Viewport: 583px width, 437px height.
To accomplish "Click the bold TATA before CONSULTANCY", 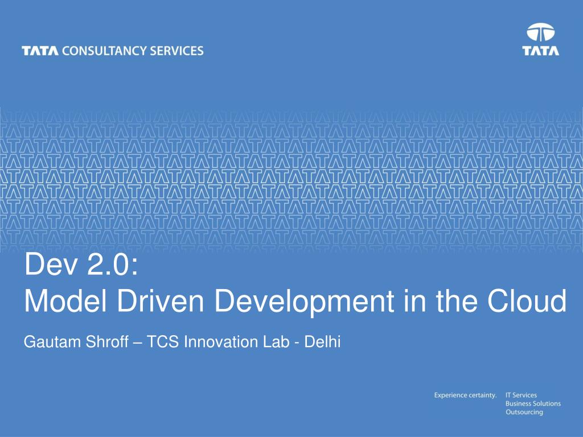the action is [x=40, y=51].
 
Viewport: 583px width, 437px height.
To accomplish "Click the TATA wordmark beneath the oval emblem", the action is [x=541, y=51].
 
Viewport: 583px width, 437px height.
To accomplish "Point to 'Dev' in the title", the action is [x=52, y=264].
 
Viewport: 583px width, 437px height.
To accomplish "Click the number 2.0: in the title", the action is [x=113, y=264].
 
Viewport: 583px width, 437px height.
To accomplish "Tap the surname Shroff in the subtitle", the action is [x=108, y=342].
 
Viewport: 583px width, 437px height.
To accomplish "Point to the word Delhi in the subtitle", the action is [x=322, y=342].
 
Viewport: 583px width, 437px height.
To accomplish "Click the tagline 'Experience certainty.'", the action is [x=465, y=395].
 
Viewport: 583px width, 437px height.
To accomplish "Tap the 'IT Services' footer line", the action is [x=521, y=395].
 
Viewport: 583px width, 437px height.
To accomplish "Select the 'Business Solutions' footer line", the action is [x=533, y=403].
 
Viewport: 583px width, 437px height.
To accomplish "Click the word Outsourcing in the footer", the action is [x=524, y=412].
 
